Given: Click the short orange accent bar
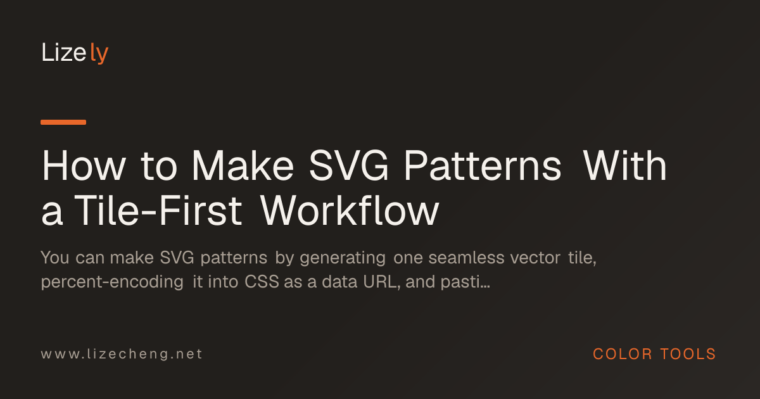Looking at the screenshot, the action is pos(63,122).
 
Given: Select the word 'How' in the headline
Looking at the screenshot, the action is pos(84,166).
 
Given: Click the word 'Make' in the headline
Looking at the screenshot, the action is pos(243,165).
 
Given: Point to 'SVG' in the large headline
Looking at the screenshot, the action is pos(349,166).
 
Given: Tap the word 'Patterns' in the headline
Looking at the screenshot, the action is pos(483,166).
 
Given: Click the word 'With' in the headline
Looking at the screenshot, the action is pos(625,165).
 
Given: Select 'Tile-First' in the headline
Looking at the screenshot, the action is pos(158,211).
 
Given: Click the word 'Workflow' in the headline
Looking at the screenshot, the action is pos(350,210).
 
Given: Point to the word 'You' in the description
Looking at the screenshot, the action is pos(55,258).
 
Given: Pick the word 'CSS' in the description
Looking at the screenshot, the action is pos(262,282).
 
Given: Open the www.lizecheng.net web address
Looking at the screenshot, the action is pos(122,355).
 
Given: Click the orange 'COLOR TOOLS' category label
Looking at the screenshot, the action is pos(654,354).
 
